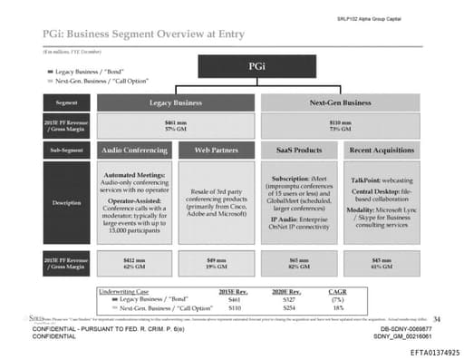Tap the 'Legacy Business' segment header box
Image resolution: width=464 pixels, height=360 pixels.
(x=175, y=102)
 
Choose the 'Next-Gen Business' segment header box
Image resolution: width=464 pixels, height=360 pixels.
(x=341, y=102)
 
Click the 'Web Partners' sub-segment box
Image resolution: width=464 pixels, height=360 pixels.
(x=216, y=149)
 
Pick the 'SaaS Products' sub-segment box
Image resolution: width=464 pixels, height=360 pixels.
(x=299, y=149)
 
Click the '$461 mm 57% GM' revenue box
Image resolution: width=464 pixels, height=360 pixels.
(x=175, y=125)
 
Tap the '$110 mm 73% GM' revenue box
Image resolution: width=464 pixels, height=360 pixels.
(x=341, y=125)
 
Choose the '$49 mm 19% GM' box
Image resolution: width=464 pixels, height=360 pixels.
(x=216, y=264)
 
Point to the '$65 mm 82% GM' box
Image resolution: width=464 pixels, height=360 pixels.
(x=299, y=264)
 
